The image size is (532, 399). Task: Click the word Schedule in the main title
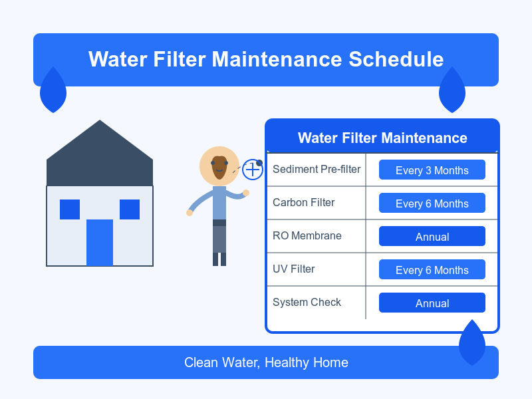396,59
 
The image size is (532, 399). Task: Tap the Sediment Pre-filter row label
317,169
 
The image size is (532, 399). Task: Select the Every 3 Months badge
432,170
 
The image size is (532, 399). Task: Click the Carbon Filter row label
304,202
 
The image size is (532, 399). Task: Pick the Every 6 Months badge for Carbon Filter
432,203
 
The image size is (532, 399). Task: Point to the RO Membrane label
307,235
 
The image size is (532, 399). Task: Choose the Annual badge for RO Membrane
432,236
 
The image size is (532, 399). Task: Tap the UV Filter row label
294,269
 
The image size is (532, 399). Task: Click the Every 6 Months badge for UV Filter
432,269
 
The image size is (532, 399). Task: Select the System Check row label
307,302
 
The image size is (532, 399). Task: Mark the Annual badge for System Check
432,303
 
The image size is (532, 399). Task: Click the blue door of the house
100,243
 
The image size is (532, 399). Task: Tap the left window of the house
70,209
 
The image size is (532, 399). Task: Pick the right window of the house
130,209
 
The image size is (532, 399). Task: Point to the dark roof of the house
100,156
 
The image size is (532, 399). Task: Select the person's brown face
219,168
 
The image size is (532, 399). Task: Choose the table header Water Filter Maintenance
382,138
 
